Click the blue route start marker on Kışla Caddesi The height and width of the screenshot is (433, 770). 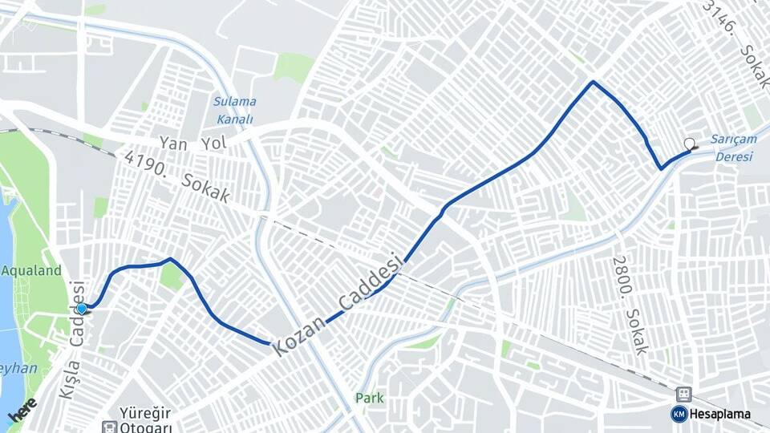81,308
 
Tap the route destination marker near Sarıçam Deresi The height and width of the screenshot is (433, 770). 689,145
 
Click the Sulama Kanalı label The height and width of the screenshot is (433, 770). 234,110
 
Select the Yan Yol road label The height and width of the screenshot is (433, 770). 192,143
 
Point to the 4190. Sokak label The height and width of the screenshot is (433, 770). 176,176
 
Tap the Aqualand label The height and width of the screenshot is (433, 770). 31,271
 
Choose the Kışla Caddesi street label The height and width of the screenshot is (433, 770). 71,340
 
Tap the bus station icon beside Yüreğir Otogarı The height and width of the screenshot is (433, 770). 108,427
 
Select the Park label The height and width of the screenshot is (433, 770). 370,398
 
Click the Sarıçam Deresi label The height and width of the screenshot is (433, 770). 734,148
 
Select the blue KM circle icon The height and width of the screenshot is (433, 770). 679,414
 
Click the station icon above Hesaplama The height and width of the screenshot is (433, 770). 683,395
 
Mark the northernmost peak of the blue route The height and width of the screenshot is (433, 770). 593,82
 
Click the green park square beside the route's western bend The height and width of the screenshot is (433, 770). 171,277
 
